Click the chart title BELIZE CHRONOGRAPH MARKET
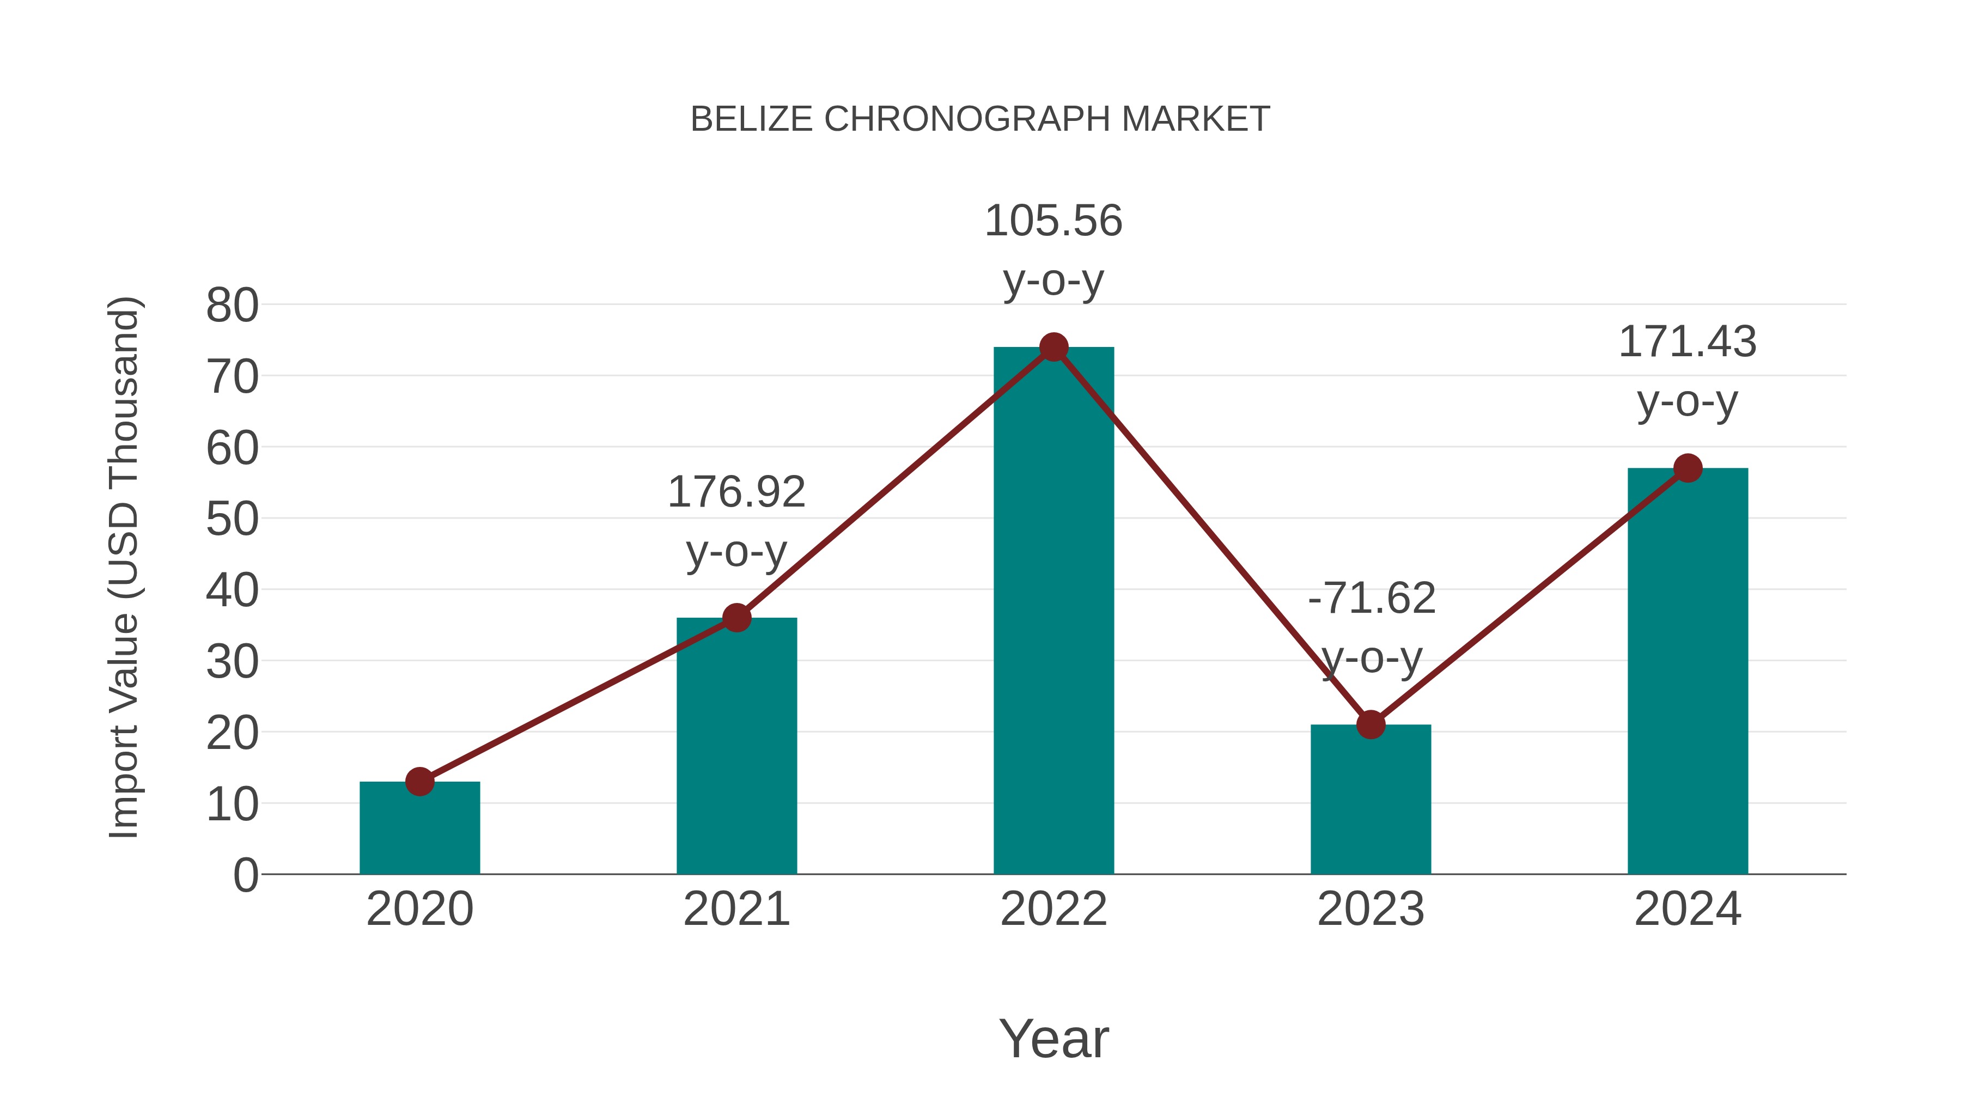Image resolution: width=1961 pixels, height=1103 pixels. click(x=980, y=119)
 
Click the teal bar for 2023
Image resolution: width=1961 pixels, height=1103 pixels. click(x=1371, y=799)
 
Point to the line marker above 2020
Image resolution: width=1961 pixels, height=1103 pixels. click(x=419, y=781)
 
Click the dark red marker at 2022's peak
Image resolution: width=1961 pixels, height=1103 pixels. click(x=1053, y=347)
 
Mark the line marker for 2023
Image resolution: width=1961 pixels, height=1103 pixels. click(x=1371, y=724)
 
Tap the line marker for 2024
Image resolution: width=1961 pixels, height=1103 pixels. click(x=1688, y=468)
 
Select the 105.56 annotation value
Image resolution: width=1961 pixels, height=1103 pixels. click(x=1053, y=222)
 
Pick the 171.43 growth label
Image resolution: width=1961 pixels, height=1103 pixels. click(x=1688, y=342)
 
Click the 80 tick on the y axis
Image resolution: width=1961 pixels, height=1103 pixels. click(x=232, y=306)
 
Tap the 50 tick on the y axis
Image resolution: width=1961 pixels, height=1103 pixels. click(x=232, y=520)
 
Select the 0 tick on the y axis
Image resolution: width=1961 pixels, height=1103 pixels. click(x=245, y=875)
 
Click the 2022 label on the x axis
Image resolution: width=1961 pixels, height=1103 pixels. click(x=1053, y=909)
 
